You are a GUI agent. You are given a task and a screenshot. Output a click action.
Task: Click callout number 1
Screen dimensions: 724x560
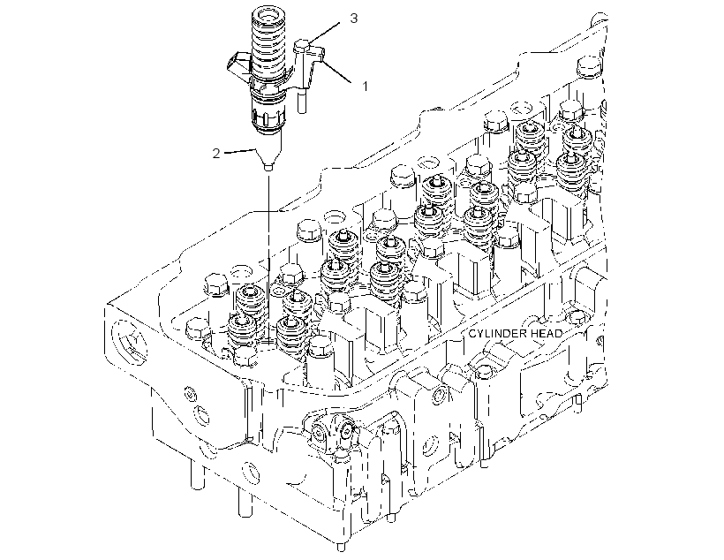[x=366, y=86]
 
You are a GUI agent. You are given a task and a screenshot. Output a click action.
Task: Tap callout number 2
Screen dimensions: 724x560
[x=216, y=154]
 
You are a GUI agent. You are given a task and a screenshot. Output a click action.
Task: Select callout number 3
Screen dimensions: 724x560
[x=353, y=19]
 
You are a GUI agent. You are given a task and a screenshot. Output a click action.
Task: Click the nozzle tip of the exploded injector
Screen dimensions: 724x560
[x=268, y=167]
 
